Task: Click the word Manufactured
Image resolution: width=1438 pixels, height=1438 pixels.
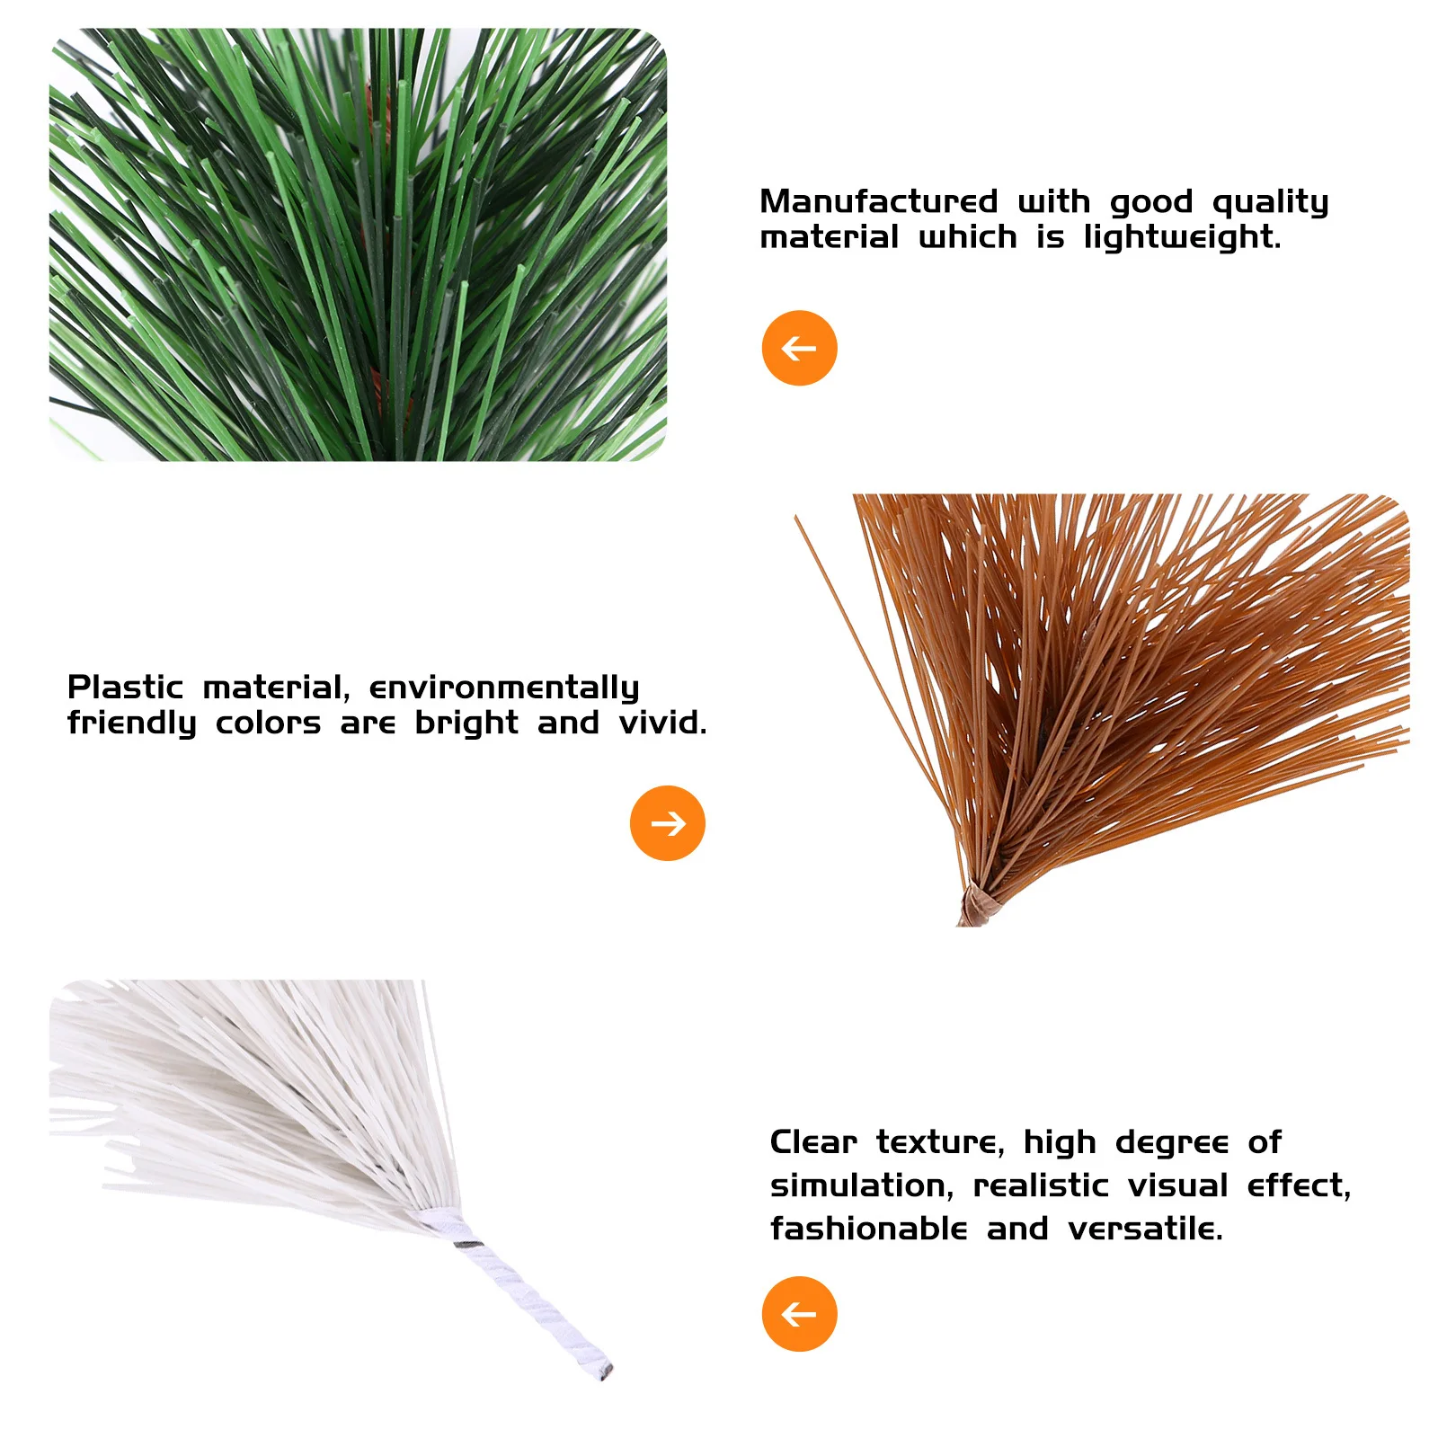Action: (878, 201)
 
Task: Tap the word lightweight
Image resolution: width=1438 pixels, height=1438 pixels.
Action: (1182, 237)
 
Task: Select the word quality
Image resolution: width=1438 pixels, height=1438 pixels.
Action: (1270, 202)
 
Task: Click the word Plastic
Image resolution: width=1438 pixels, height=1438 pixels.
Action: (125, 688)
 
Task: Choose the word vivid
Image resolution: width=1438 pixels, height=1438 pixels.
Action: (662, 723)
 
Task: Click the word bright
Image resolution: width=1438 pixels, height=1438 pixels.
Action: (466, 723)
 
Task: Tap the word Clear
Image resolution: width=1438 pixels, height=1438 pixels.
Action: (813, 1142)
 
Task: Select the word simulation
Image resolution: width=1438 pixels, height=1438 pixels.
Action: (861, 1185)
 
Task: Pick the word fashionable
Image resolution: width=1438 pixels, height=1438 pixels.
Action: (868, 1229)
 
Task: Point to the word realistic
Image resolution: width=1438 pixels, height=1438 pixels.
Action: (1042, 1185)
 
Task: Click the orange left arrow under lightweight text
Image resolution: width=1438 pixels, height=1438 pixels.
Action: (799, 348)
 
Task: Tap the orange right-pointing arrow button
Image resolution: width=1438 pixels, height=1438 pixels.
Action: (668, 823)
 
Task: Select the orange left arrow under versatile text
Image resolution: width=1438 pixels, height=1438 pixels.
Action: (799, 1314)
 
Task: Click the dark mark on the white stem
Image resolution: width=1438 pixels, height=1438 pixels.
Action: (468, 1245)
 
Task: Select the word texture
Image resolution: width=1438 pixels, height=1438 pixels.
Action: (940, 1142)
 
